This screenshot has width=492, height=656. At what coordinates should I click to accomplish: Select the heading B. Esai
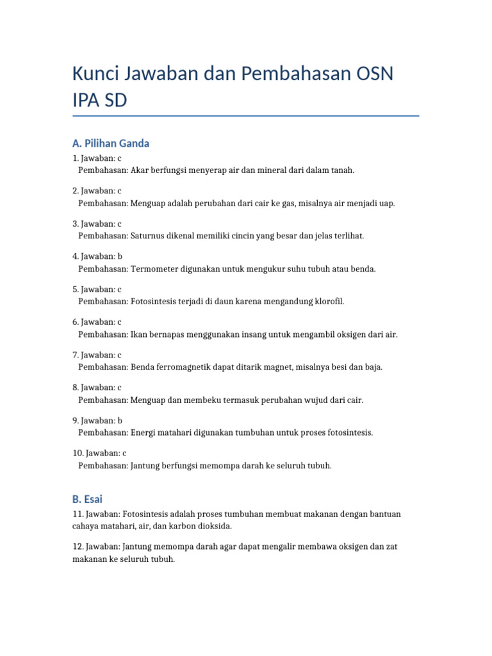tap(87, 498)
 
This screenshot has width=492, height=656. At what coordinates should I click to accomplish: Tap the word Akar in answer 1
tap(141, 170)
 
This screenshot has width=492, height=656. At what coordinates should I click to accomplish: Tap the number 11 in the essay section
tap(78, 514)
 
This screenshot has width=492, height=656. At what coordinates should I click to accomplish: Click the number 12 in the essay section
tap(78, 547)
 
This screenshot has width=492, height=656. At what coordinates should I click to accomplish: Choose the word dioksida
tap(213, 526)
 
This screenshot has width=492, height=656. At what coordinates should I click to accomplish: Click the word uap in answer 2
tap(387, 203)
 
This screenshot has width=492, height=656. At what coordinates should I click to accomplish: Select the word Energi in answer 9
tap(145, 432)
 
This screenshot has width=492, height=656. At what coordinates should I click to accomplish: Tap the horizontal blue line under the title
tap(246, 116)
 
